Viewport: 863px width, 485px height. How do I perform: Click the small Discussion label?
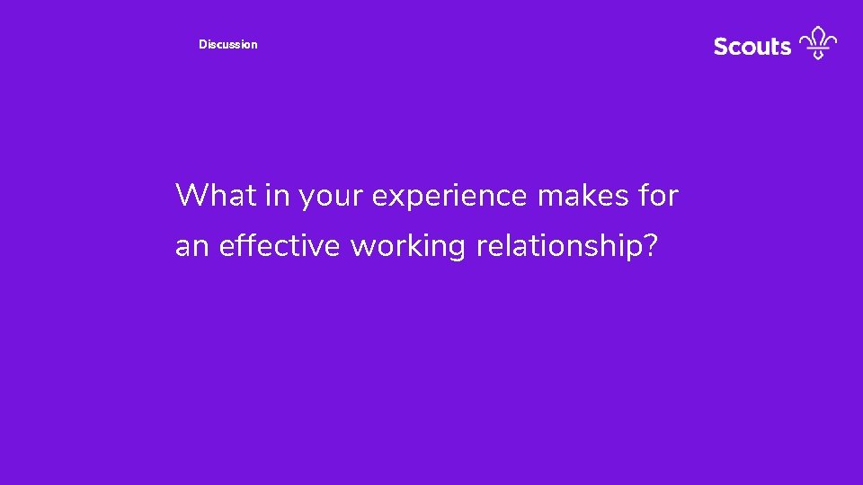coord(227,44)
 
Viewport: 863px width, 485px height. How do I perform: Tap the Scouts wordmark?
coord(752,46)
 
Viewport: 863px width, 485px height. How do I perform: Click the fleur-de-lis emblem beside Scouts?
coord(818,43)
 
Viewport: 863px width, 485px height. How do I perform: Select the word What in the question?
coord(216,195)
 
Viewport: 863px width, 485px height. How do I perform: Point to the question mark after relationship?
coord(649,246)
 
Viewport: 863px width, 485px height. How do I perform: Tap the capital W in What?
coord(191,195)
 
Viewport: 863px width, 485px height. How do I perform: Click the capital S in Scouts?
coord(720,46)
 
